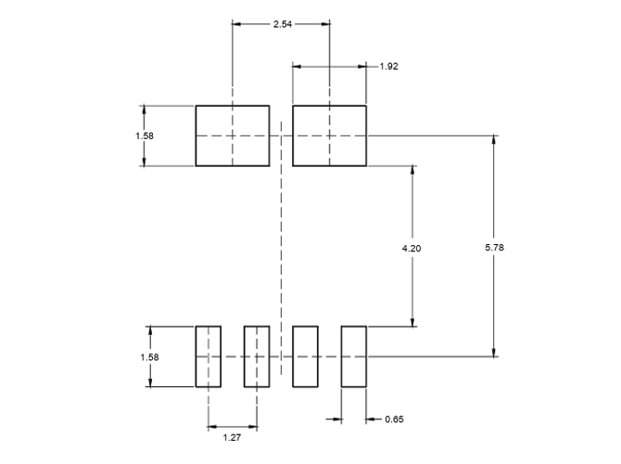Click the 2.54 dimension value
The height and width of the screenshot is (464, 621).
[x=281, y=23]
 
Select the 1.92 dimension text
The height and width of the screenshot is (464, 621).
[x=390, y=66]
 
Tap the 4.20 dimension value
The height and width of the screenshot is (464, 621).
[x=412, y=248]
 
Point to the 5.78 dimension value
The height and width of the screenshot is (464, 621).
[x=493, y=248]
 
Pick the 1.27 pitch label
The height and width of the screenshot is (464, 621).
[x=232, y=437]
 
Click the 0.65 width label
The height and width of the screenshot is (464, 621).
[x=393, y=419]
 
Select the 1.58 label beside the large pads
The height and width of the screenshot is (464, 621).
[x=146, y=135]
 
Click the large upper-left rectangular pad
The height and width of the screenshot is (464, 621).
[x=232, y=135]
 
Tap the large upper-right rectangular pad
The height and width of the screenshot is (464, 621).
[x=330, y=135]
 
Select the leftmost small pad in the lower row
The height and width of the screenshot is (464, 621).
[x=208, y=356]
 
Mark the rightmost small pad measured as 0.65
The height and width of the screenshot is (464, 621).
[x=354, y=356]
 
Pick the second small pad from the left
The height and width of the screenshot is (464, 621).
[x=257, y=356]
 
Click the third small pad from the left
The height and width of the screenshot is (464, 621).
[x=305, y=356]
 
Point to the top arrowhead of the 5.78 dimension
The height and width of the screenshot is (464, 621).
[x=493, y=140]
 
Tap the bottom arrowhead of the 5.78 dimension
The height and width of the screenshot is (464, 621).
[x=493, y=351]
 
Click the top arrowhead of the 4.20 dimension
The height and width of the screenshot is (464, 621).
[x=412, y=171]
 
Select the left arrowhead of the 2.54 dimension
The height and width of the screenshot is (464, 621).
[x=236, y=23]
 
